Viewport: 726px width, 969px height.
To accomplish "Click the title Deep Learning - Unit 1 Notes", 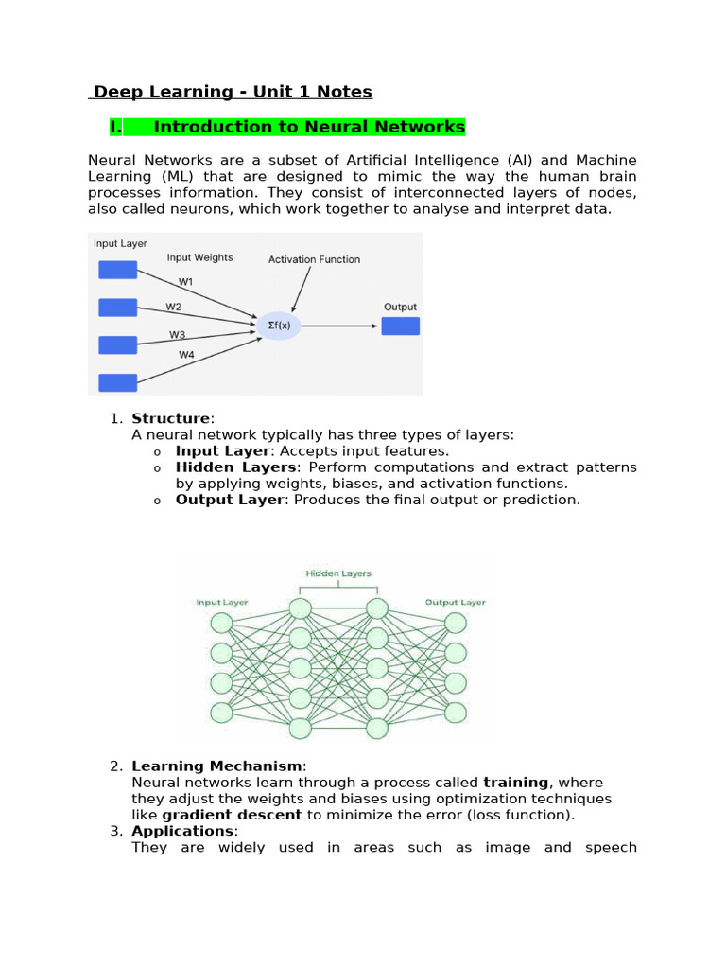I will [x=232, y=92].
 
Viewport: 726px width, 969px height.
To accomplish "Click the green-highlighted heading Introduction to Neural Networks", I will [x=308, y=127].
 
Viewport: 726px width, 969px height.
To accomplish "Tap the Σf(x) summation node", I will [x=278, y=326].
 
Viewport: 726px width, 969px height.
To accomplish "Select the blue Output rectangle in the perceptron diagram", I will [x=400, y=326].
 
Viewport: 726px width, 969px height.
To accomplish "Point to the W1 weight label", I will [x=186, y=281].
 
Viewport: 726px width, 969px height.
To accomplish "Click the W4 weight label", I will [x=186, y=355].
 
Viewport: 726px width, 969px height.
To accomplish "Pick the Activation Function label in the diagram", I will [x=314, y=259].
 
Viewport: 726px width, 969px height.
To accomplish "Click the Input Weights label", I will [x=199, y=257].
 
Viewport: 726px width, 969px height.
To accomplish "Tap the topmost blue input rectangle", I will [x=118, y=270].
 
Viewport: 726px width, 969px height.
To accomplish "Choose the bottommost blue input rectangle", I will [x=118, y=382].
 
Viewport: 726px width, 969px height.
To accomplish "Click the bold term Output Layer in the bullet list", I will [x=229, y=500].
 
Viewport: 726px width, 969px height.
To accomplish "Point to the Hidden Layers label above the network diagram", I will [x=338, y=573].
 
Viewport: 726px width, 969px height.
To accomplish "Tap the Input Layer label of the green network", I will [x=221, y=602].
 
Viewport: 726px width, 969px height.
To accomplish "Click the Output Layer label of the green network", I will [x=455, y=602].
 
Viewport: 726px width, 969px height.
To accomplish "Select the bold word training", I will [x=515, y=783].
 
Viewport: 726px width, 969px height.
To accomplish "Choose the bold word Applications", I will [x=182, y=831].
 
